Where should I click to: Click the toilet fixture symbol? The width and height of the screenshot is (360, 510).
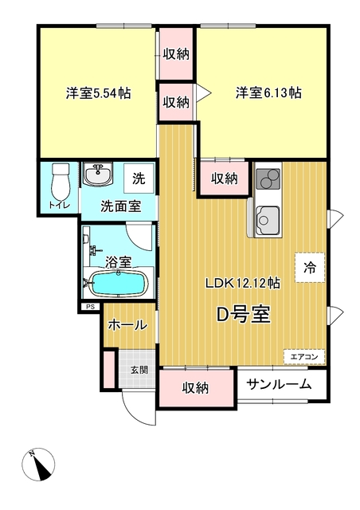tap(61, 182)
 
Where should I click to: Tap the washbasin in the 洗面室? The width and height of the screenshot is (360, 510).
tap(98, 175)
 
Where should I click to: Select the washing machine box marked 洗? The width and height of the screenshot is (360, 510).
tap(139, 178)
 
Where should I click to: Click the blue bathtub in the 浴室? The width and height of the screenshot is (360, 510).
tap(119, 283)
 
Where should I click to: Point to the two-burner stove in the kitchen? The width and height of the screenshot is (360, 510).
tap(268, 179)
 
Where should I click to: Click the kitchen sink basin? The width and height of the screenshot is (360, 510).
tap(268, 221)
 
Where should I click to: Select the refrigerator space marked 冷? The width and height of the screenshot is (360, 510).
tap(310, 268)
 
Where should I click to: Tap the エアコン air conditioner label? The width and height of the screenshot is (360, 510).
tap(304, 357)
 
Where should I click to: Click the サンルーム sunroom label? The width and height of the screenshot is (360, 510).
tap(279, 385)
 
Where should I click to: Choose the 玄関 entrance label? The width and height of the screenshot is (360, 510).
tap(139, 370)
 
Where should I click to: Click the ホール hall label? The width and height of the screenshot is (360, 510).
tap(127, 325)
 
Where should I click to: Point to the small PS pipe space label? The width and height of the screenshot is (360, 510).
tap(89, 306)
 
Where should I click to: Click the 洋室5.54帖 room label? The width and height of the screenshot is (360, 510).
tap(99, 93)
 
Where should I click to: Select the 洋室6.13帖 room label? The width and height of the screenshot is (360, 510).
tap(268, 93)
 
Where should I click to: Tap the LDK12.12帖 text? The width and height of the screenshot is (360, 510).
tap(243, 283)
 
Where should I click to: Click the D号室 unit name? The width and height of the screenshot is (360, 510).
tap(244, 315)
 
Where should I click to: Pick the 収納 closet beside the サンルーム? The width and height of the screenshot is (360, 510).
tap(196, 387)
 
